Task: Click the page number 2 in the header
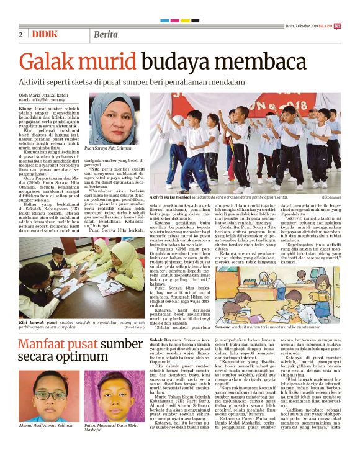coord(21,34)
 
